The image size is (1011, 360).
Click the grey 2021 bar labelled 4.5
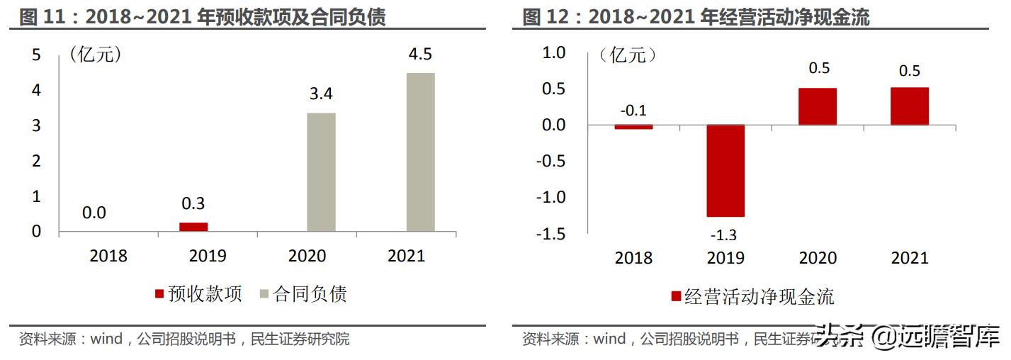[420, 152]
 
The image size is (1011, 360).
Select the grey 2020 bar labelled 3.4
[321, 172]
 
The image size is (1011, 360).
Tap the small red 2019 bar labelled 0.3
[193, 227]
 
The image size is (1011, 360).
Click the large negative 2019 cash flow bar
[725, 171]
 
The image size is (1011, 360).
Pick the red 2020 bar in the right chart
[817, 107]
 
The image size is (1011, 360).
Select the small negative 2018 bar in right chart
[633, 127]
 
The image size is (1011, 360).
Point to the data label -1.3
[725, 235]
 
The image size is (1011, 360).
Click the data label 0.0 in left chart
[94, 212]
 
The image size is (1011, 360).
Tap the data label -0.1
[633, 111]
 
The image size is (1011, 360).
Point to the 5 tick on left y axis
[37, 55]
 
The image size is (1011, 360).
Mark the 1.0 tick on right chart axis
[553, 52]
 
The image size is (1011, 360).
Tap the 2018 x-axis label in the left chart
[108, 256]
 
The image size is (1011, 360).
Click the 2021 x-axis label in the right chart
[909, 258]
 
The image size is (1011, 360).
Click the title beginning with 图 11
[203, 17]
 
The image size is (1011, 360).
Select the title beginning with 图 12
[696, 17]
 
